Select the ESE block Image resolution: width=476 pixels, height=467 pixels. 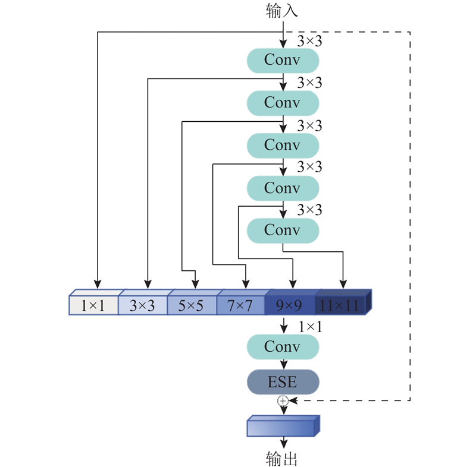pyautogui.click(x=283, y=382)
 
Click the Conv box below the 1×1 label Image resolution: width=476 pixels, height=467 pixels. pyautogui.click(x=283, y=346)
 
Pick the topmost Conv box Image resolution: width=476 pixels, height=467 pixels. pyautogui.click(x=283, y=60)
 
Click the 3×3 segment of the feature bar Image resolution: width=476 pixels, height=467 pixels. pyautogui.click(x=142, y=305)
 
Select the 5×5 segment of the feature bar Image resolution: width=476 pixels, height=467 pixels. pyautogui.click(x=191, y=305)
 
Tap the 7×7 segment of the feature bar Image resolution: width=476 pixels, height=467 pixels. pyautogui.click(x=240, y=305)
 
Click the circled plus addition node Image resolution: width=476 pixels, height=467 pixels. pyautogui.click(x=283, y=401)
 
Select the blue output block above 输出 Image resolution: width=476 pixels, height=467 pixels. pyautogui.click(x=281, y=427)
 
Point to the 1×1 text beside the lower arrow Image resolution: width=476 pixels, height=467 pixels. pyautogui.click(x=310, y=326)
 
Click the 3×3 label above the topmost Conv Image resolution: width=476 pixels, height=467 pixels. pyautogui.click(x=309, y=40)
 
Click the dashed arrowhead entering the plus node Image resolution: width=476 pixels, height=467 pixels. pyautogui.click(x=292, y=401)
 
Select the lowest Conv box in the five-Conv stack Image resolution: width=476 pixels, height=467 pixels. pyautogui.click(x=283, y=230)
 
